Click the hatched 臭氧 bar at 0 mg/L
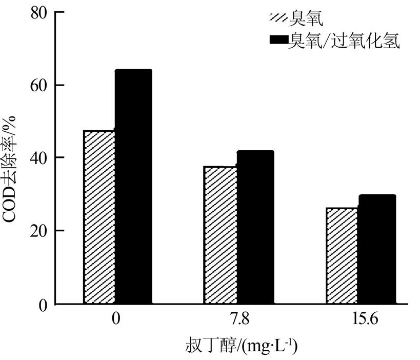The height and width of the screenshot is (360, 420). [x=99, y=217]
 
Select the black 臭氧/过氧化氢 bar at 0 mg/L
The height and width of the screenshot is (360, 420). [x=133, y=187]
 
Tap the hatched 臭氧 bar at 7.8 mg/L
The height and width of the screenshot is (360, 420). [x=222, y=235]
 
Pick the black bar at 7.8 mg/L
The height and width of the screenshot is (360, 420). [x=255, y=228]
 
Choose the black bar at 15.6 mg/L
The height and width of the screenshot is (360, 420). [x=376, y=250]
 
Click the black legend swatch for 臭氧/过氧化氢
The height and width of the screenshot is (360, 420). [x=278, y=41]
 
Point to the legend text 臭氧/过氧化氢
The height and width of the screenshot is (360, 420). [x=344, y=41]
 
